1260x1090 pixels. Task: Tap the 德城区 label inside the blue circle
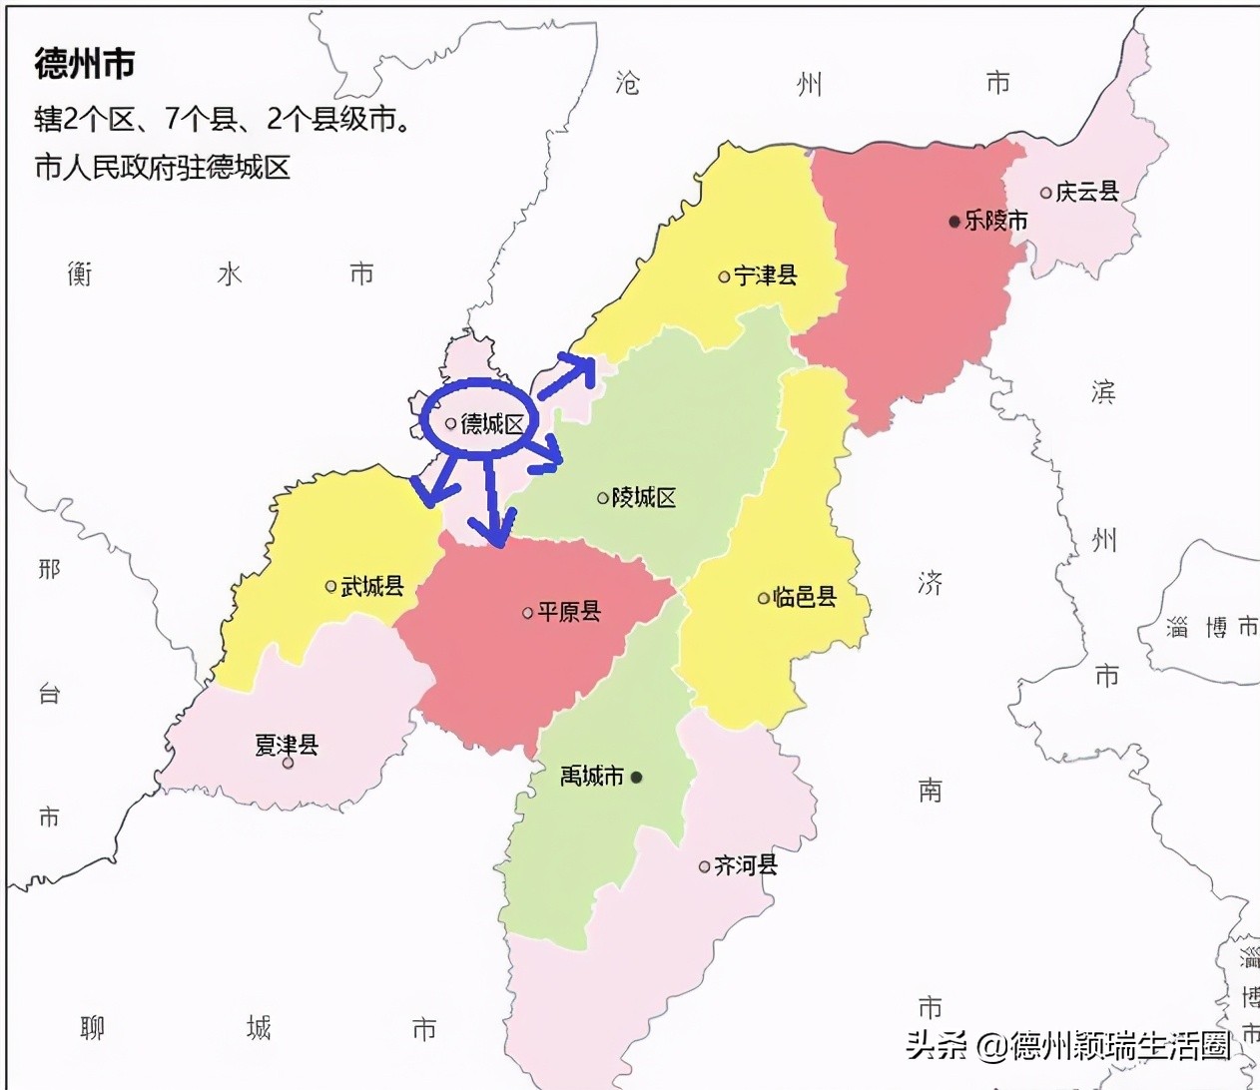[x=492, y=424]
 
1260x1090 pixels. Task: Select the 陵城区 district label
[x=644, y=497]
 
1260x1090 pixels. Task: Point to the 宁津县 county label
[x=766, y=275]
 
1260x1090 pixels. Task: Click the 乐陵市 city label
[x=995, y=221]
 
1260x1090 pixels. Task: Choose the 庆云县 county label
[x=1087, y=192]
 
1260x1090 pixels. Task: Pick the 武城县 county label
[x=372, y=586]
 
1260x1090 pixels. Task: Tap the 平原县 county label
[x=569, y=612]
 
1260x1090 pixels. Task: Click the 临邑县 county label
[x=805, y=597]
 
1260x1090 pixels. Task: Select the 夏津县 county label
[x=287, y=745]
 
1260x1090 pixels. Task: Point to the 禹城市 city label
[x=592, y=776]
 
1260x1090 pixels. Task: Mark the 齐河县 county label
[x=746, y=865]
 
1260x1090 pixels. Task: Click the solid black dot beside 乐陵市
[x=954, y=221]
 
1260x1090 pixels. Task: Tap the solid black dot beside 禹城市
[x=637, y=777]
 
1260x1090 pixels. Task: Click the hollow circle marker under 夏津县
[x=288, y=764]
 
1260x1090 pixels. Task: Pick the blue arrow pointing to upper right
[x=570, y=374]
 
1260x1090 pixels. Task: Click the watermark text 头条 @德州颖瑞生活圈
[x=1068, y=1045]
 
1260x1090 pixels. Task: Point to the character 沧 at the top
[x=627, y=83]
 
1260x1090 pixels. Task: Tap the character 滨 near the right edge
[x=1103, y=392]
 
